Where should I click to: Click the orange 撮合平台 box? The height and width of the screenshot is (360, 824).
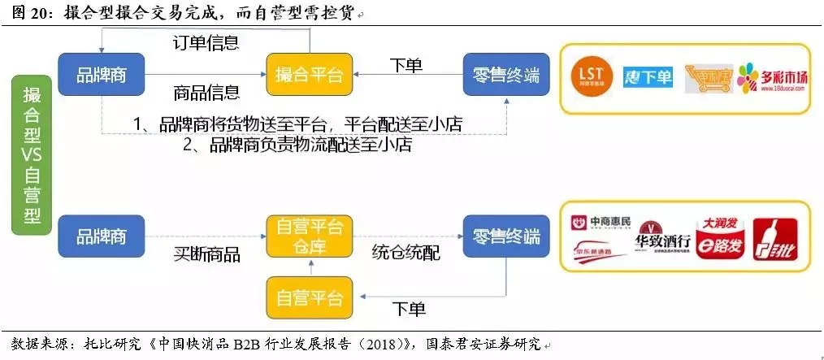(309, 75)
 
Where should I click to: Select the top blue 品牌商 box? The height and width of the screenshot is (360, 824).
(102, 75)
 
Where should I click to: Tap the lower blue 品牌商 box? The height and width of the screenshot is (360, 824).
(102, 236)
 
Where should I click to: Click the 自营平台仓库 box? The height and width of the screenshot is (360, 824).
(309, 236)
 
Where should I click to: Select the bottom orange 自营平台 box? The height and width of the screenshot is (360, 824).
(309, 297)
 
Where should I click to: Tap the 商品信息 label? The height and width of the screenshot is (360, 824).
(206, 92)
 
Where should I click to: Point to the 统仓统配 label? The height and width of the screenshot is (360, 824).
(405, 253)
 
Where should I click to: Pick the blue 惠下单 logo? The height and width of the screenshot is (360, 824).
(648, 77)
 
